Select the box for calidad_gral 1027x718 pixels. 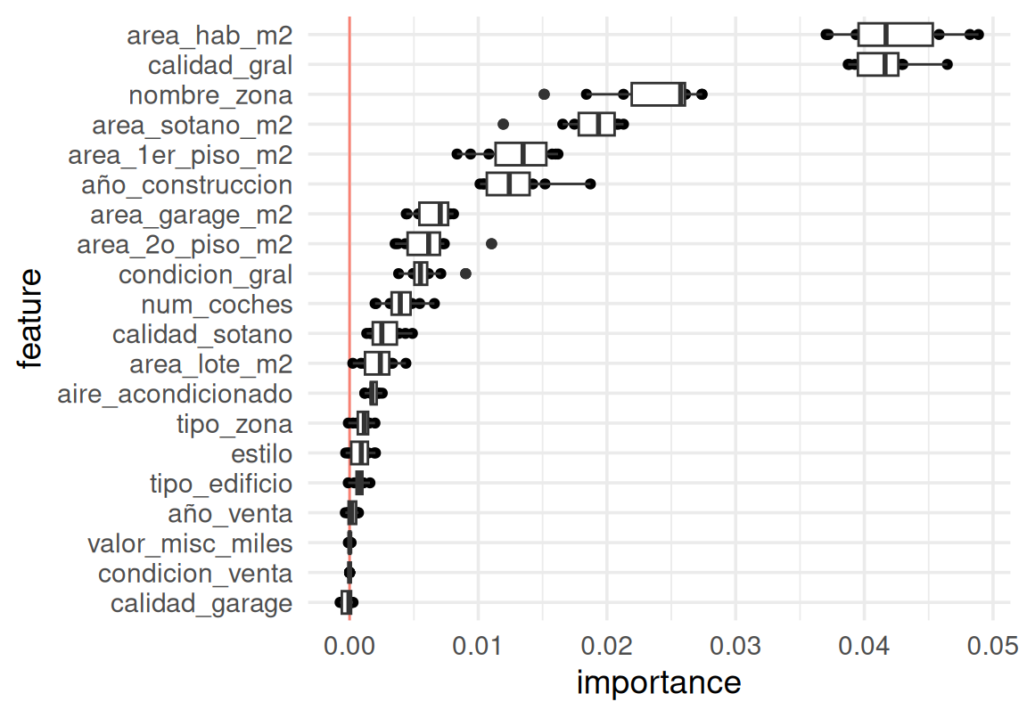(x=877, y=65)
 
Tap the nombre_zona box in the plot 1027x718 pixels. (x=658, y=94)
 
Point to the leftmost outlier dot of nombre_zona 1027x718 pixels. (x=545, y=94)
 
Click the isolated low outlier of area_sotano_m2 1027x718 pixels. (x=503, y=124)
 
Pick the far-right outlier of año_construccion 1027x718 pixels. (x=590, y=184)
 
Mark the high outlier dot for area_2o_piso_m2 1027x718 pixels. (x=491, y=243)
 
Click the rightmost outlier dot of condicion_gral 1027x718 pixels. (x=465, y=273)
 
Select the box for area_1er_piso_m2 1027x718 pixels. (x=521, y=154)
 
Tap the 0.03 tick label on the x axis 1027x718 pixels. (x=735, y=645)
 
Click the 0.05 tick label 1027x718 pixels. (x=992, y=645)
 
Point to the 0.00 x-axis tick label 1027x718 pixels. (x=349, y=645)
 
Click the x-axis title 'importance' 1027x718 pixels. (x=659, y=683)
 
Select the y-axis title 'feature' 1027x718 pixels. (x=29, y=318)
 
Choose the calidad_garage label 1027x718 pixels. (x=201, y=604)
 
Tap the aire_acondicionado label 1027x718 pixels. (x=174, y=394)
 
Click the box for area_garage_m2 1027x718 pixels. (x=433, y=214)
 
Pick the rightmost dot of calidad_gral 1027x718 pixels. (x=947, y=64)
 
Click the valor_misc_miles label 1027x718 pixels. (x=190, y=543)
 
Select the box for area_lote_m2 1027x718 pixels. (x=377, y=363)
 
